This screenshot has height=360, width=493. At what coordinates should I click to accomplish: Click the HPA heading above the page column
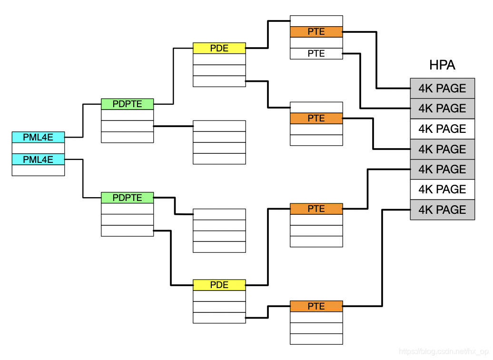click(442, 65)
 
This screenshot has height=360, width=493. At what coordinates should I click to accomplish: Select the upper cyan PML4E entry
click(38, 138)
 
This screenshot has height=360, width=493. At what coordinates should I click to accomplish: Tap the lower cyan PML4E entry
click(38, 160)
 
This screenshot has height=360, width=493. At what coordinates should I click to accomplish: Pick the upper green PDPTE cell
click(127, 104)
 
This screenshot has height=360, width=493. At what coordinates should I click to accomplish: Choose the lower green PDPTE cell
click(127, 198)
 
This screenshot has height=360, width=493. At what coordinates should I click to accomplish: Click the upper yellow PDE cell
click(219, 48)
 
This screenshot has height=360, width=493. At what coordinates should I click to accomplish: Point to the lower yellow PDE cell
click(219, 285)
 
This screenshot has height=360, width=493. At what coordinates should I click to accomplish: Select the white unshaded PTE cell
click(316, 54)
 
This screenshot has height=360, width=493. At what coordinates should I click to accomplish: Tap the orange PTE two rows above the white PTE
click(316, 32)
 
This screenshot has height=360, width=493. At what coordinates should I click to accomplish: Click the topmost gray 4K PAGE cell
click(442, 89)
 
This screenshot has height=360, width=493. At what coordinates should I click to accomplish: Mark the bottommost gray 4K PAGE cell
click(442, 210)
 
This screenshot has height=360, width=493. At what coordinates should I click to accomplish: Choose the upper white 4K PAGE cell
click(442, 129)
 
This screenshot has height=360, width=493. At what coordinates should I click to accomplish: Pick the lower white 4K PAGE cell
click(442, 190)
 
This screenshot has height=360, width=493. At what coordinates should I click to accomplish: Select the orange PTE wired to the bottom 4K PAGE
click(316, 306)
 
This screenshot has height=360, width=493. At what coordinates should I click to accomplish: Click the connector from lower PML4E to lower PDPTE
click(83, 179)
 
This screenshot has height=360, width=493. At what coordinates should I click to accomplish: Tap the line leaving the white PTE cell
click(360, 81)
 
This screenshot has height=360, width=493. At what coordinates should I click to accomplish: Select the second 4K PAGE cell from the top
click(442, 109)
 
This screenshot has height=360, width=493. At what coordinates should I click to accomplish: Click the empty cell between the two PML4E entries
click(38, 149)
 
